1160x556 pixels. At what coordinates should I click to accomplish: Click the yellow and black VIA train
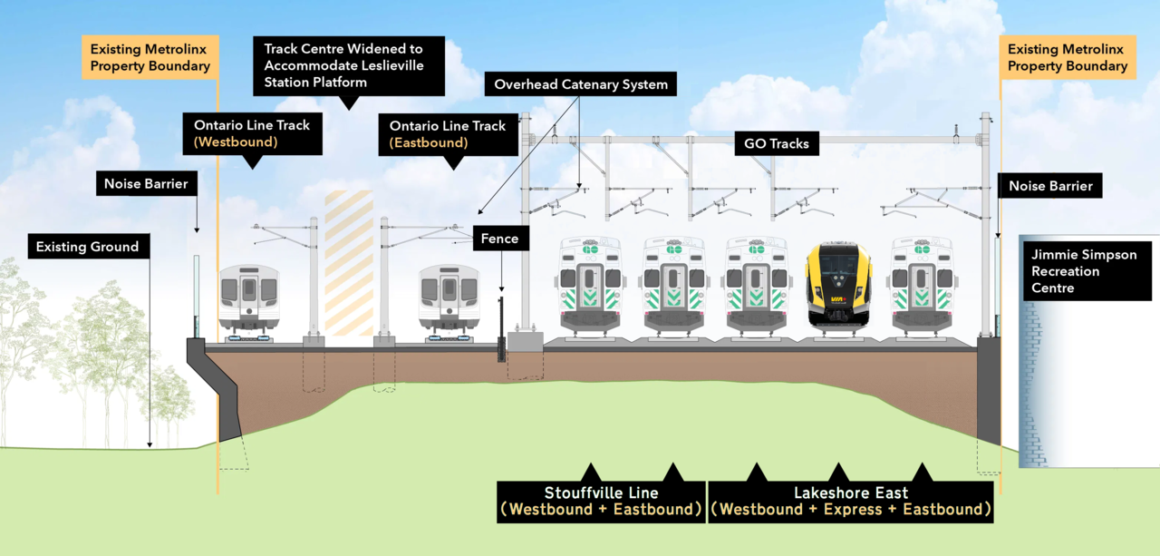tap(838, 284)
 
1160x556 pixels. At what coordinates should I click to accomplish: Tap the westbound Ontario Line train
tap(248, 298)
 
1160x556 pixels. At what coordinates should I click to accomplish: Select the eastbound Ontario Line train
tap(448, 298)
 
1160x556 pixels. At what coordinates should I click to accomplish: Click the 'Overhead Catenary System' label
tap(581, 85)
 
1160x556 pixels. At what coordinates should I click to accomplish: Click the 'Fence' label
tap(499, 239)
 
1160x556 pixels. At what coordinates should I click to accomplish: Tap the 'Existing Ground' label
tap(88, 247)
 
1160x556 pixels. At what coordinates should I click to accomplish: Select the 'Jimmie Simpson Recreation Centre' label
tap(1086, 271)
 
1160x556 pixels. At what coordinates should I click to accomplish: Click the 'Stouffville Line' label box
tap(601, 501)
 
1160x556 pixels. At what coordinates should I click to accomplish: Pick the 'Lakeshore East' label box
tap(850, 501)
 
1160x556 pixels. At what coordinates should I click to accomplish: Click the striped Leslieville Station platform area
tap(348, 268)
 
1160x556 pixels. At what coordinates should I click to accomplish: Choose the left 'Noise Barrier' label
tap(146, 184)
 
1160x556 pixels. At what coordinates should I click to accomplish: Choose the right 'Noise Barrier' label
tap(1050, 187)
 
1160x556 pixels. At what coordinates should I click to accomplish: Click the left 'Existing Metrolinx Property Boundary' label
tap(150, 57)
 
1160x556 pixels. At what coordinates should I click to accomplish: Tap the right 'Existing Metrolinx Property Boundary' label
tap(1068, 57)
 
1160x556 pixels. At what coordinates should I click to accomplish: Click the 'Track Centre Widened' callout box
tap(349, 65)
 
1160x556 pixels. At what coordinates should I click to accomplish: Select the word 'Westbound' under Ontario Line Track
tap(236, 142)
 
